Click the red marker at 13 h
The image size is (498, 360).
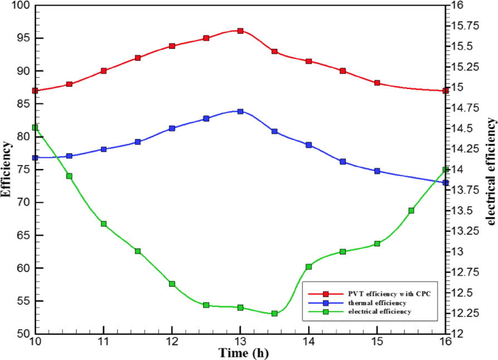(x=240, y=31)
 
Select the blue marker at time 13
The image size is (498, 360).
(x=240, y=111)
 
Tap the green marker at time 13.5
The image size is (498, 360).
(x=275, y=314)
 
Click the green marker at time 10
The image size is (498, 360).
(x=35, y=128)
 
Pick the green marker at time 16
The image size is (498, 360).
(x=446, y=169)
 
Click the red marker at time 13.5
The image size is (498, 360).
(x=275, y=51)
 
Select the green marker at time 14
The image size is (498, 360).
(x=309, y=267)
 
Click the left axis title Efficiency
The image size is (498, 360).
(x=7, y=169)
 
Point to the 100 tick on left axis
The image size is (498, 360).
(x=20, y=6)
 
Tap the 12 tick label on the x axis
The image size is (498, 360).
(x=172, y=341)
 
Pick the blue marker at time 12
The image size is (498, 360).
(x=172, y=128)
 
